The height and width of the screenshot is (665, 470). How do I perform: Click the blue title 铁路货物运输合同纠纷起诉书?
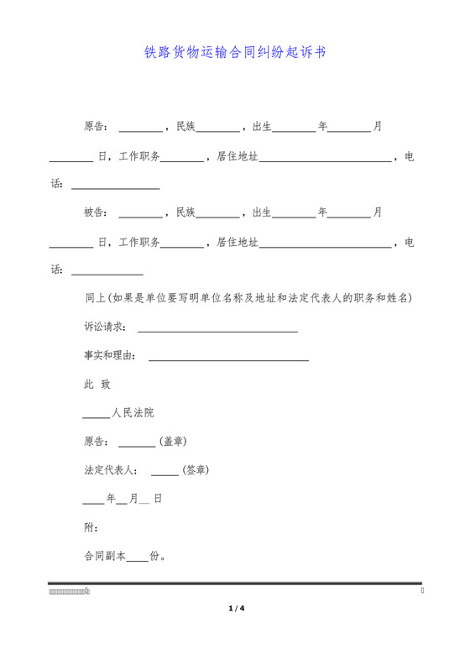tap(235, 52)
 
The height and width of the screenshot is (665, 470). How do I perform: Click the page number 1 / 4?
tap(235, 608)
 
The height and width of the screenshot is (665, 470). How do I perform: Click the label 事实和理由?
tap(109, 355)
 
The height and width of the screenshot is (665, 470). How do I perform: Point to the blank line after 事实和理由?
tap(228, 359)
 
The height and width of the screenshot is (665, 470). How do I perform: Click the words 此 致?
tap(97, 384)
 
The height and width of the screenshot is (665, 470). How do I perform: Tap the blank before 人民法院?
tap(97, 416)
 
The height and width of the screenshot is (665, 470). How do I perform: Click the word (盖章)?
tap(172, 441)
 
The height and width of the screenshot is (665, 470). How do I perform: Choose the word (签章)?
tap(196, 469)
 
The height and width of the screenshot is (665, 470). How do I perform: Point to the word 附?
tap(90, 526)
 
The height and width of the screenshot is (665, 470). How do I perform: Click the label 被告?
tap(95, 212)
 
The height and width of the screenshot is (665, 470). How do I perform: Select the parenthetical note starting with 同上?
tap(248, 298)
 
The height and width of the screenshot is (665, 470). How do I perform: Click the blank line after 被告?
tap(141, 217)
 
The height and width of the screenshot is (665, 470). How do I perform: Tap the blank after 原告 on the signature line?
tap(137, 445)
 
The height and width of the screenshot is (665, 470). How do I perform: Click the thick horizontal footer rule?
tap(235, 583)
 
